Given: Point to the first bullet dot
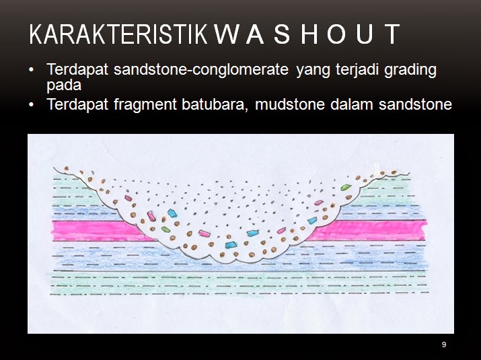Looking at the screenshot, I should (32, 70).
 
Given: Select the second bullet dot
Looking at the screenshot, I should (32, 105).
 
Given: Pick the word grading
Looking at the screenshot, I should (410, 70).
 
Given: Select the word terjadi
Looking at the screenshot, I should (355, 70).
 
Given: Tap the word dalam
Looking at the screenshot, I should (357, 105).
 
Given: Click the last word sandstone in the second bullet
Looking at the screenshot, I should (418, 105).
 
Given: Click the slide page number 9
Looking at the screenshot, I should (444, 345).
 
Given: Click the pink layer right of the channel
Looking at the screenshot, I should (377, 230).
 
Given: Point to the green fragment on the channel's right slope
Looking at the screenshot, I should (345, 187).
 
